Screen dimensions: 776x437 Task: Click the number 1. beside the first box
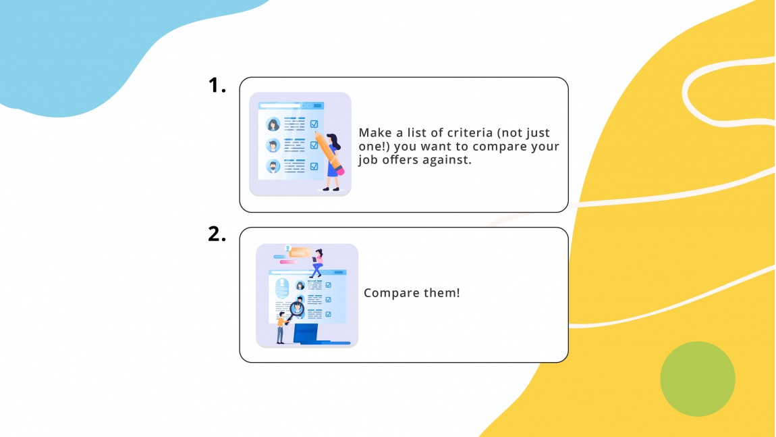217,85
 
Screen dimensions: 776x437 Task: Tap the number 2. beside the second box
217,234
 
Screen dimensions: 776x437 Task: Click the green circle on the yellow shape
697,378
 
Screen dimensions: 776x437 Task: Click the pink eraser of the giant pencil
339,171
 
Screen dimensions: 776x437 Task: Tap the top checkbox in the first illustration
314,124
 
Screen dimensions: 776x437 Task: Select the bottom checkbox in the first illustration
314,166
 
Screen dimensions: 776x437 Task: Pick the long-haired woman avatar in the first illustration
273,124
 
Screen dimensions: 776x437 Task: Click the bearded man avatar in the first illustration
273,166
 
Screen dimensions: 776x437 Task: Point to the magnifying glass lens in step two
297,308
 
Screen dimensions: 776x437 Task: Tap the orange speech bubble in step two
300,253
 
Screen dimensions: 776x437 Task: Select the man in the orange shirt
281,328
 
